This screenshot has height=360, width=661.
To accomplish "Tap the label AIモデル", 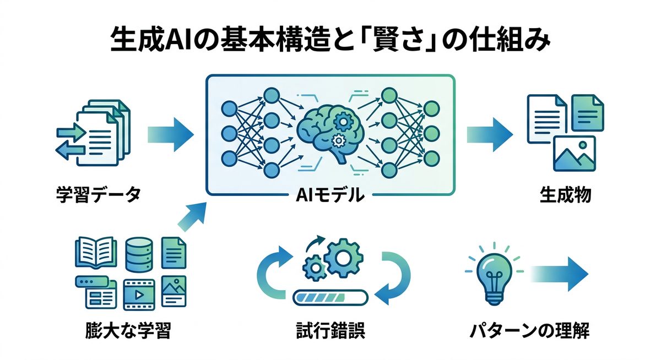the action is point(330,194).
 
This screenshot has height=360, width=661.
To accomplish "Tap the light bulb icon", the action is point(491,275).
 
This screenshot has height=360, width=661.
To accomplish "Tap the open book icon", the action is point(95,252).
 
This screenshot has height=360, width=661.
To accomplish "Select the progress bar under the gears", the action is point(330,297).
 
